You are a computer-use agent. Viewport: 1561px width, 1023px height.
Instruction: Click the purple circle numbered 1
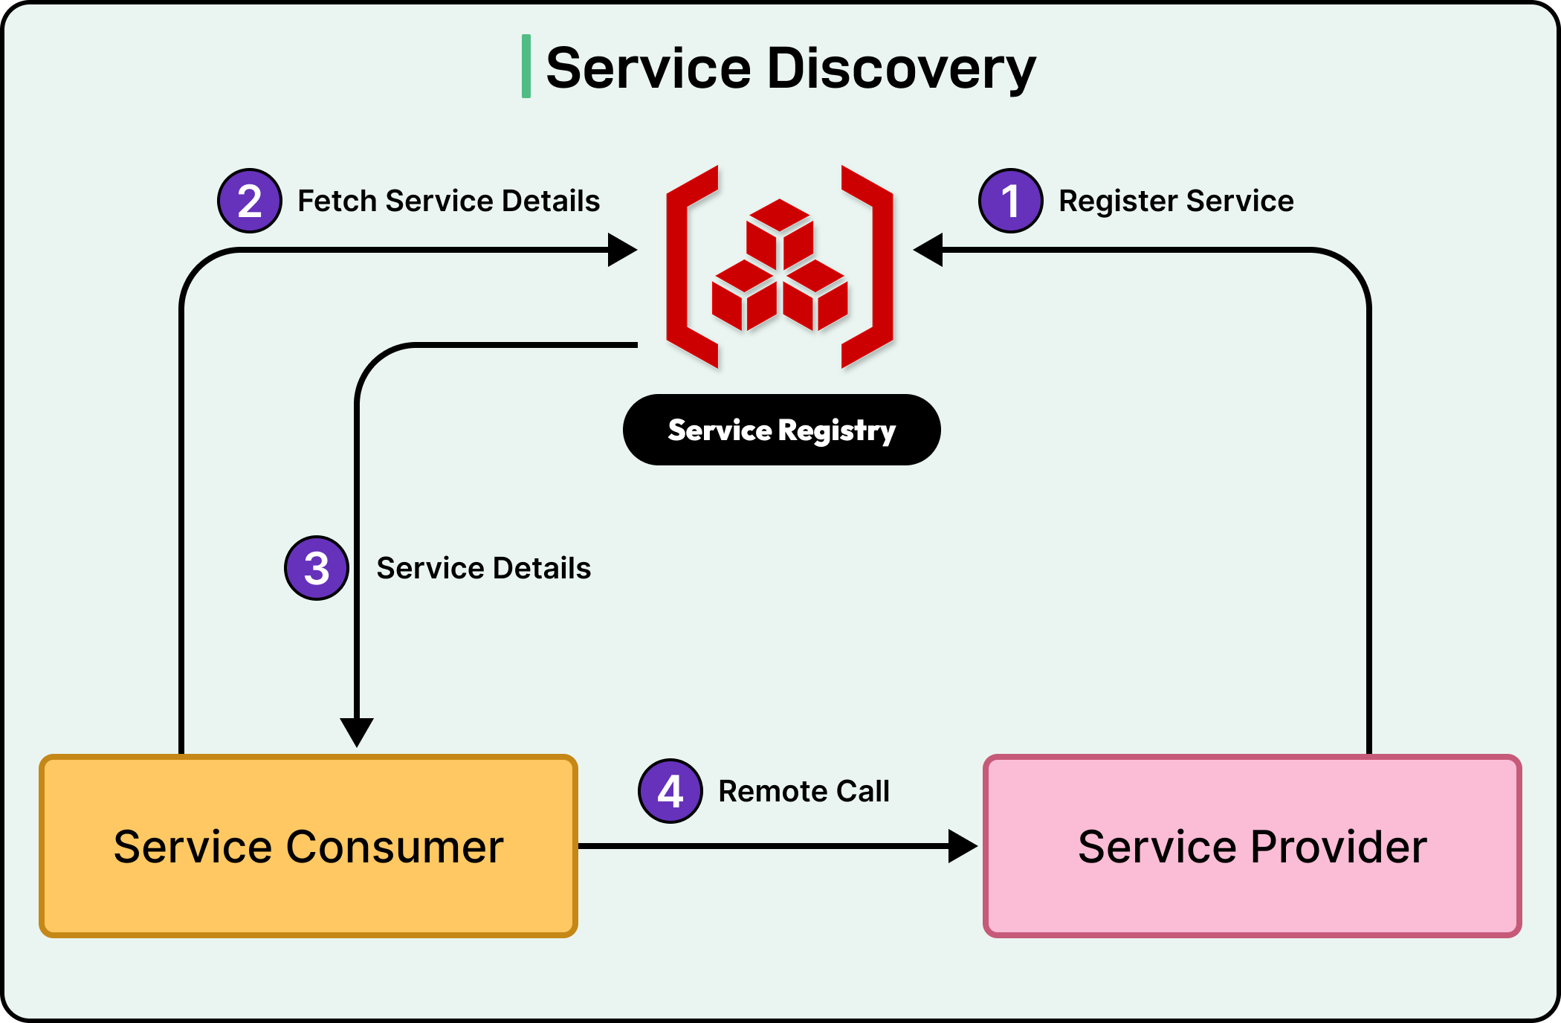point(1010,201)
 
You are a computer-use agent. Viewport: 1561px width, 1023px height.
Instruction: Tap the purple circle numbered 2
point(250,201)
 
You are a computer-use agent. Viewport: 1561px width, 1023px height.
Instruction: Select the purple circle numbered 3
point(317,568)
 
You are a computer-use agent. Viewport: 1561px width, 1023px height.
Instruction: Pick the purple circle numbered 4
point(670,791)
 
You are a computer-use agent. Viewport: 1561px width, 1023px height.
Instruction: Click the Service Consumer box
point(308,846)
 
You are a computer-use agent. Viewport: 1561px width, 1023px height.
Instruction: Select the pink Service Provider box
point(1253,846)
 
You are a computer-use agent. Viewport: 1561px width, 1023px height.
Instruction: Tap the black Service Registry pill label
point(781,430)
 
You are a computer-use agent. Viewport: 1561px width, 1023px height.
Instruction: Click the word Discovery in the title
point(901,68)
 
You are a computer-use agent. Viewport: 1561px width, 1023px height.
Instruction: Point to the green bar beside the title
point(526,66)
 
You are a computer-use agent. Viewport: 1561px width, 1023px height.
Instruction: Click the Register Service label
point(1176,201)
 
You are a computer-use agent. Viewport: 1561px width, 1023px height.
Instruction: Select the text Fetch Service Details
point(448,201)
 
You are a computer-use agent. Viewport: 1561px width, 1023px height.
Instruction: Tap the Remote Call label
point(804,791)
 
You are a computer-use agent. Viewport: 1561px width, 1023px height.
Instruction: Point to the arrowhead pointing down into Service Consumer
point(357,731)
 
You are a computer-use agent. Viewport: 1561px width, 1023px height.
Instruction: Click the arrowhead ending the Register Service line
point(928,250)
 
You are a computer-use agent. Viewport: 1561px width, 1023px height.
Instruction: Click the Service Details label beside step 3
point(483,568)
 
